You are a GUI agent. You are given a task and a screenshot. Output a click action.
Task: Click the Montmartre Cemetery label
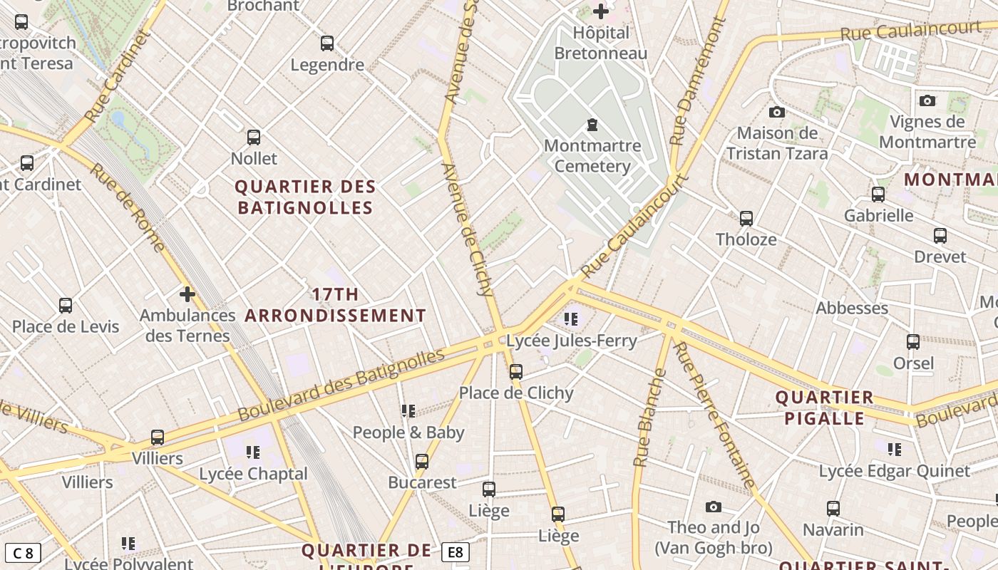(x=592, y=156)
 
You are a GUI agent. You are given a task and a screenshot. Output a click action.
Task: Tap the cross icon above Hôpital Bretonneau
(x=601, y=11)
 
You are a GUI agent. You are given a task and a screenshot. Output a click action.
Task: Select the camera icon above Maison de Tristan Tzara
(x=777, y=112)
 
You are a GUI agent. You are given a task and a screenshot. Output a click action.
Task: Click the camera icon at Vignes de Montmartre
(x=927, y=100)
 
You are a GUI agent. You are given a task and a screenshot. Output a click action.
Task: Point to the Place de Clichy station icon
(x=516, y=371)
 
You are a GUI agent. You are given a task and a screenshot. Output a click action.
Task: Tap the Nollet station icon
(x=253, y=138)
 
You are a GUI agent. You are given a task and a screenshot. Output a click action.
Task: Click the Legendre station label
(x=327, y=65)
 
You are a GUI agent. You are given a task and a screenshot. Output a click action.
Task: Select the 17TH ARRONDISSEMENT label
(x=335, y=305)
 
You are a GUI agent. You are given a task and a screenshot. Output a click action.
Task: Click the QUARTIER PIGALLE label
(x=824, y=408)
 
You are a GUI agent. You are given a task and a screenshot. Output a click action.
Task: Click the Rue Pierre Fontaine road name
(x=714, y=415)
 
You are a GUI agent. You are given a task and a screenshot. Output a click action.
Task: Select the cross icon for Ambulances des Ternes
(x=187, y=294)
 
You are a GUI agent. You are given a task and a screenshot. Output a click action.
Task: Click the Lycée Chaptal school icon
(x=252, y=452)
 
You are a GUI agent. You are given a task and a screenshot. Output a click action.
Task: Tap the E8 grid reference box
(x=456, y=552)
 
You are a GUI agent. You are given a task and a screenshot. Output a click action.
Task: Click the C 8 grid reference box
(x=23, y=553)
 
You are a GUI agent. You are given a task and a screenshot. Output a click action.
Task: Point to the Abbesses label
(x=852, y=308)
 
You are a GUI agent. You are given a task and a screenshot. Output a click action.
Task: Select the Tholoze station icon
(x=746, y=219)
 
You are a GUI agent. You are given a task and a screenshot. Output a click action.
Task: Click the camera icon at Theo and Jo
(x=713, y=507)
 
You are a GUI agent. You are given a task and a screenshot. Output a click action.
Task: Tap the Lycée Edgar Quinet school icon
(x=894, y=449)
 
